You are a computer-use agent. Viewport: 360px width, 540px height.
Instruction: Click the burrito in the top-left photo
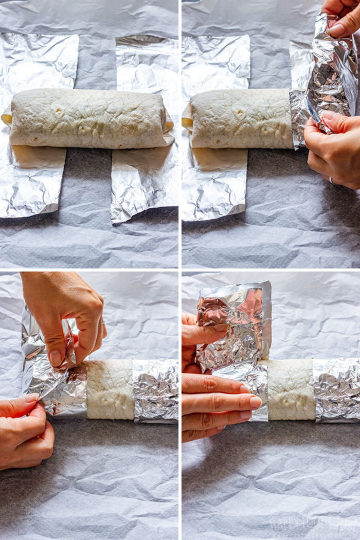click(87, 118)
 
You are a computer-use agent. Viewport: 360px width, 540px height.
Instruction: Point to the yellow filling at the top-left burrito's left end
click(7, 119)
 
